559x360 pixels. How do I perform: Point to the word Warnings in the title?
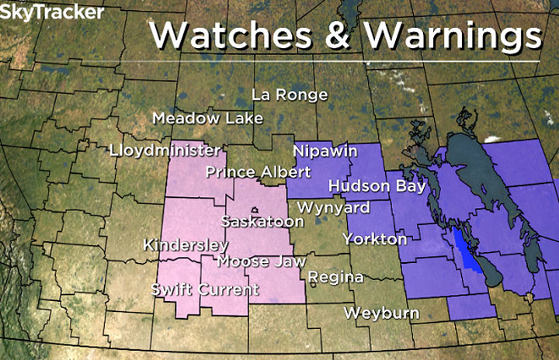(x=453, y=36)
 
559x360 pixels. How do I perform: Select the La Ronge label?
(x=290, y=95)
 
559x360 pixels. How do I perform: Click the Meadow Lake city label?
(x=207, y=119)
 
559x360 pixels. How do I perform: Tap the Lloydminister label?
(x=165, y=150)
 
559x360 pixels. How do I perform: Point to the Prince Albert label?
(x=259, y=171)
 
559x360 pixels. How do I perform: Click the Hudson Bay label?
(x=377, y=186)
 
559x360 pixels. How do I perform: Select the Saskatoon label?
(x=262, y=221)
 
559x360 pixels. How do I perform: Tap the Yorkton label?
(x=375, y=238)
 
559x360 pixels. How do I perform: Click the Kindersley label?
(x=186, y=244)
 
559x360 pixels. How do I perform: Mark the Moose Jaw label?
(x=261, y=261)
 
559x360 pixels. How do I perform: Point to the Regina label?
(x=335, y=277)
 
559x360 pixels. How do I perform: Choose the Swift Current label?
(x=204, y=290)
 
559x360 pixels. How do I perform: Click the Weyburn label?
(x=381, y=313)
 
